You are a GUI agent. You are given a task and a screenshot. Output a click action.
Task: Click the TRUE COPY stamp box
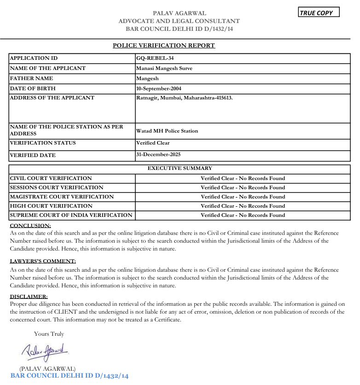[319, 13]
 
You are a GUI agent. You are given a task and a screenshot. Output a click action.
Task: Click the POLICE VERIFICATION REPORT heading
[164, 46]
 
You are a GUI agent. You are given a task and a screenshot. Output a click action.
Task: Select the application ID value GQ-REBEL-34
[155, 58]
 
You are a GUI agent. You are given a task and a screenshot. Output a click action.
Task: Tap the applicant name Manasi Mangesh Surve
[164, 68]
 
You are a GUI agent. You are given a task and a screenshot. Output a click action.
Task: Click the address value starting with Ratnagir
[184, 98]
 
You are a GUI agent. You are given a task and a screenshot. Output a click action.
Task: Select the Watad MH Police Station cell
[167, 131]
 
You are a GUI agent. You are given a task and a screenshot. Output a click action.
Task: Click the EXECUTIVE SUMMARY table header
[180, 169]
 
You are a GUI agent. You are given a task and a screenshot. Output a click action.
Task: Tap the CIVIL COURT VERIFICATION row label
[51, 178]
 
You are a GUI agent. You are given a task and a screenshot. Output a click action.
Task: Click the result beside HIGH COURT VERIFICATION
[243, 206]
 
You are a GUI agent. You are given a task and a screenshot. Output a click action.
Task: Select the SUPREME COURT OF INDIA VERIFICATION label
[71, 215]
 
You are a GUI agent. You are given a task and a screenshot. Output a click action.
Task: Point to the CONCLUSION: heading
[30, 226]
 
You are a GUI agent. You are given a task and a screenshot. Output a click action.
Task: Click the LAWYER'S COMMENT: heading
[43, 261]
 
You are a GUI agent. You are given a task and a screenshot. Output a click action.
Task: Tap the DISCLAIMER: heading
[29, 297]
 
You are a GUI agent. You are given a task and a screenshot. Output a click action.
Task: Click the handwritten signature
[45, 351]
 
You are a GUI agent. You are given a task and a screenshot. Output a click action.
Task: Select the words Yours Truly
[49, 334]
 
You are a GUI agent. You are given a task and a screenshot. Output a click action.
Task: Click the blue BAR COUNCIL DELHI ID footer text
[69, 376]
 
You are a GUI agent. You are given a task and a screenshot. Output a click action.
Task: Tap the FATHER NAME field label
[31, 78]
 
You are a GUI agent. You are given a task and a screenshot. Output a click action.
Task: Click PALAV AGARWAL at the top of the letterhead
[180, 13]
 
